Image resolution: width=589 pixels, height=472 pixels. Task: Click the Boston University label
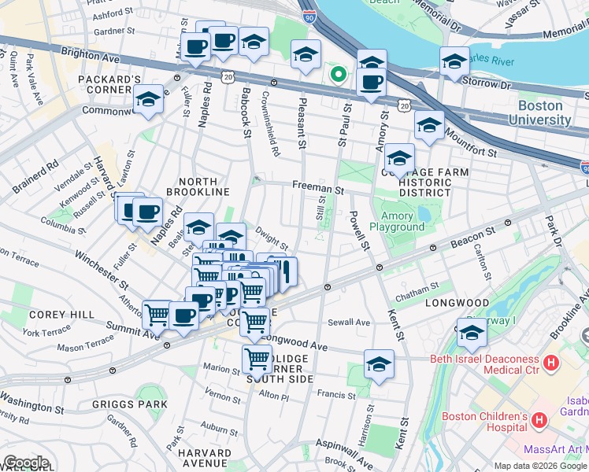[x=540, y=112]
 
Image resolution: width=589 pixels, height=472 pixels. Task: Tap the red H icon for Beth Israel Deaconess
[x=551, y=363]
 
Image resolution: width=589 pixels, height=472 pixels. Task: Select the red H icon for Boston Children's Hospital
[x=539, y=420]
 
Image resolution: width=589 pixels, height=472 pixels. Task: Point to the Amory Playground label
[x=402, y=221]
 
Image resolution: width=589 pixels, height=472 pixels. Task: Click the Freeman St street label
[x=318, y=189]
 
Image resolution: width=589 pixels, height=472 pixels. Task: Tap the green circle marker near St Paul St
[x=339, y=75]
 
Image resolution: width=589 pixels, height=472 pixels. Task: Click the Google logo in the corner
[x=26, y=463]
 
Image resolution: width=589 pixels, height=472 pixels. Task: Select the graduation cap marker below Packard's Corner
[x=147, y=99]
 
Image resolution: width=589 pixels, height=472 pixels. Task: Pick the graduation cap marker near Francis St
[x=379, y=363]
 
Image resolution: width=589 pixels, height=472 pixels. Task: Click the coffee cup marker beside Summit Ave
[x=184, y=316]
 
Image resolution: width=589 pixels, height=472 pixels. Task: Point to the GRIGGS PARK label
[x=140, y=404]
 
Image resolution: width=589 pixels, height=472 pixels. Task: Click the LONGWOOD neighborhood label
[x=457, y=302]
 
